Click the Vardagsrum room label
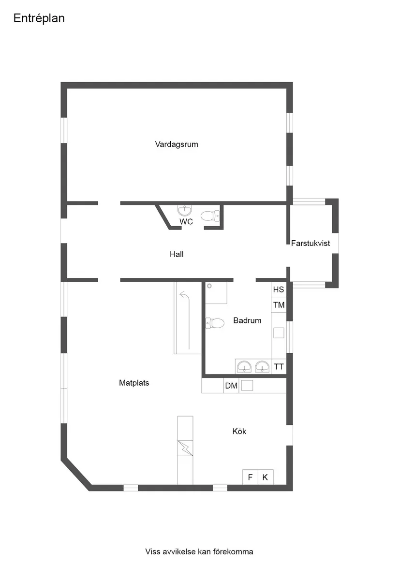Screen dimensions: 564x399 177,144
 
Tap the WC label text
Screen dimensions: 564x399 186,222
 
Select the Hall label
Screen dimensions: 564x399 177,254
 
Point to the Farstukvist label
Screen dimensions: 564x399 310,243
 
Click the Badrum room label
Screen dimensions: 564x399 247,320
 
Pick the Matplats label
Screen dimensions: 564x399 134,383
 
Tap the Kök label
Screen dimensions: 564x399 239,431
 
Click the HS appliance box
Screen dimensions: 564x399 279,290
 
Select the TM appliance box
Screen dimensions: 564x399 279,305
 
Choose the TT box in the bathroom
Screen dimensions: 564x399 279,366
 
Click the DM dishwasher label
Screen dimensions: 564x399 231,386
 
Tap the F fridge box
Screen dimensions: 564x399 250,477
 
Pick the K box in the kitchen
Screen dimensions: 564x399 265,477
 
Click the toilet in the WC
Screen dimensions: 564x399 208,216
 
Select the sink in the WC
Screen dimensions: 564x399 184,210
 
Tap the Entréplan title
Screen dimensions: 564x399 39,18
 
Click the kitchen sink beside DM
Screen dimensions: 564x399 247,385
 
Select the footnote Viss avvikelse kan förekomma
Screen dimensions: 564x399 199,551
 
